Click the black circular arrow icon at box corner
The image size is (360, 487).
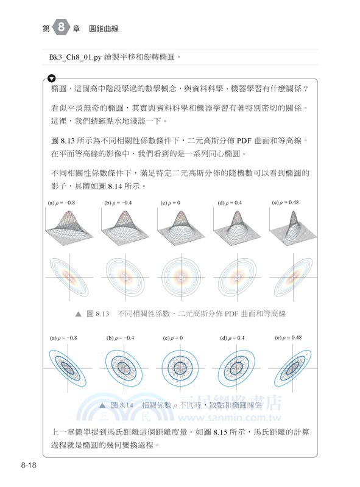coord(51,79)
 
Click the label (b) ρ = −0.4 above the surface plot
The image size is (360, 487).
coord(119,202)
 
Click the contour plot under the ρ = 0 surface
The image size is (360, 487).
coord(181,278)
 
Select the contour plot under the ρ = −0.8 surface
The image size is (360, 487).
coord(69,278)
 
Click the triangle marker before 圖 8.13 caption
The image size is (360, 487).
coord(77,314)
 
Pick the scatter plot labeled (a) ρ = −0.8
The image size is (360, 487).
coord(69,368)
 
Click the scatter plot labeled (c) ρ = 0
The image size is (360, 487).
coord(181,368)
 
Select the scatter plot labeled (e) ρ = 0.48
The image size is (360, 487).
coord(292,368)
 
